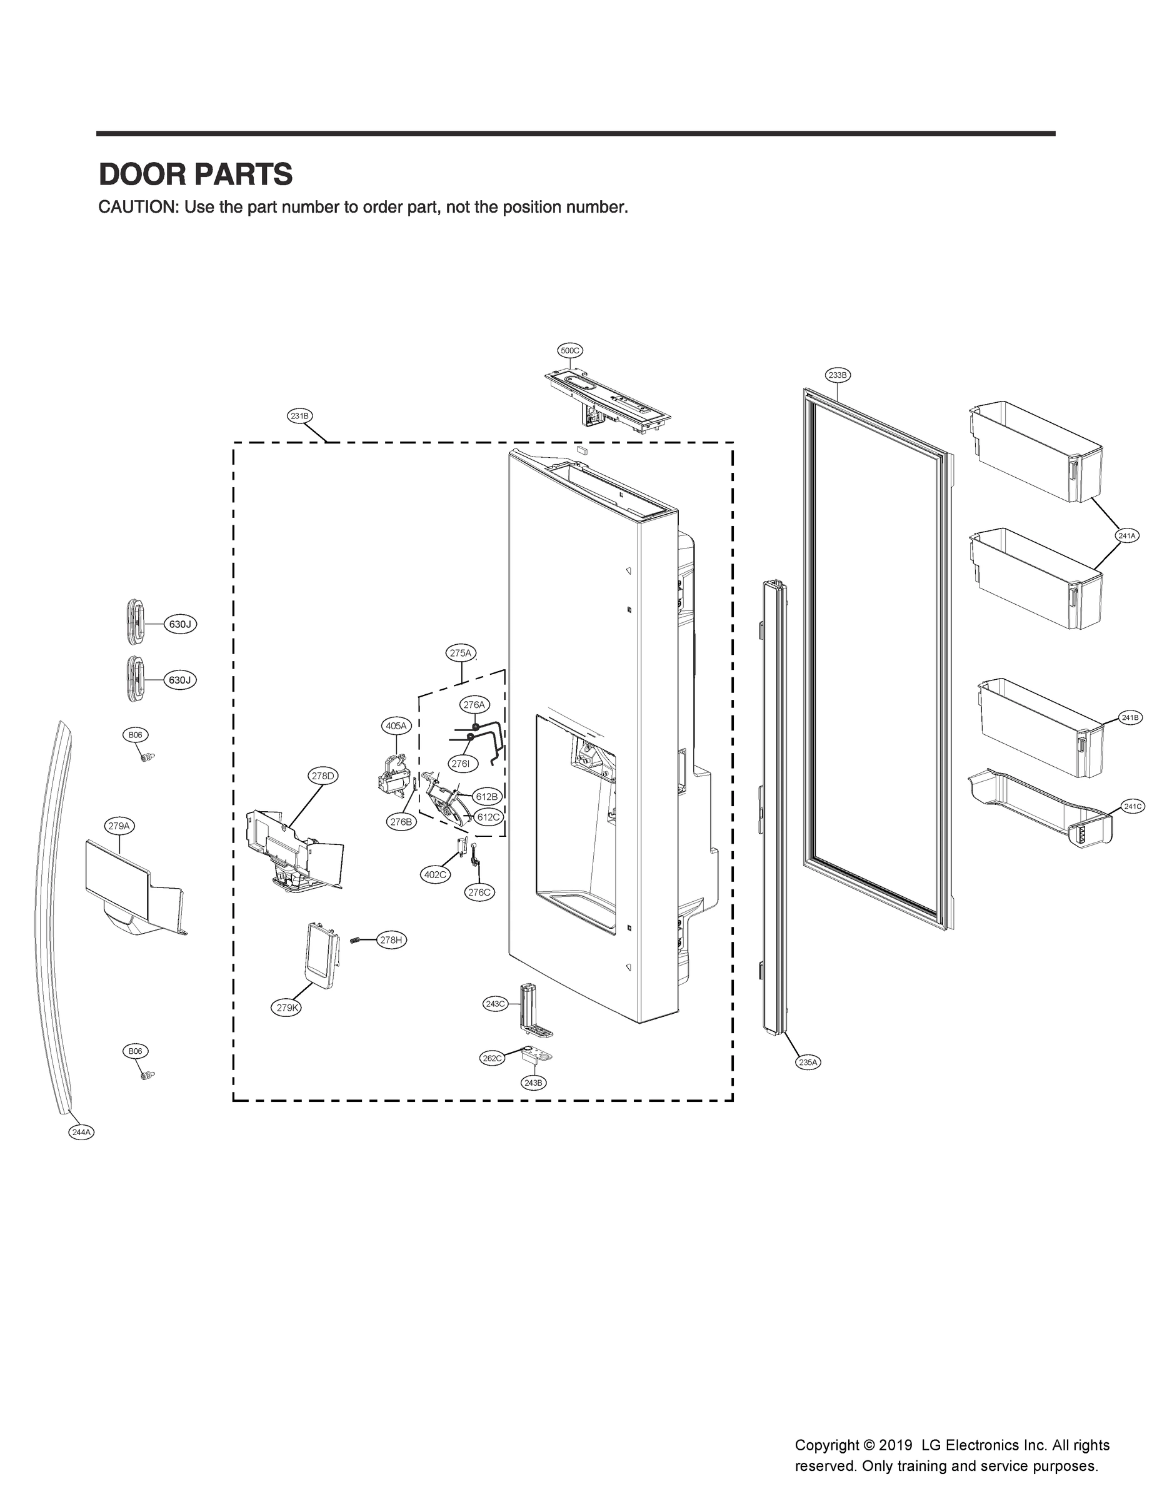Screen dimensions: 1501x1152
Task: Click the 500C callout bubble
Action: pos(571,351)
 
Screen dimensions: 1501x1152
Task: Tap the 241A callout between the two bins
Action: pos(1126,535)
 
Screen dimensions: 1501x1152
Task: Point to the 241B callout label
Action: pos(1129,717)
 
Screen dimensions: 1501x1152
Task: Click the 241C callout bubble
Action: pos(1133,806)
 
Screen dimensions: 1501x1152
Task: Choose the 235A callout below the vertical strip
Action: pos(808,1063)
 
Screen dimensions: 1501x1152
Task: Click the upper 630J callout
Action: pos(179,624)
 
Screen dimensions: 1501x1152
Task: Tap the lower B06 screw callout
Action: pos(136,1051)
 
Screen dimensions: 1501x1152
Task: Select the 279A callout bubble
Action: pos(119,826)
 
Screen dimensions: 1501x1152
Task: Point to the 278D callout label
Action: pos(323,776)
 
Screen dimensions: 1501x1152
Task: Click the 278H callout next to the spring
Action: pos(391,940)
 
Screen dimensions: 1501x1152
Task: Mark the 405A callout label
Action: pos(396,726)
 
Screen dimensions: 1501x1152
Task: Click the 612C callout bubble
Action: pos(488,817)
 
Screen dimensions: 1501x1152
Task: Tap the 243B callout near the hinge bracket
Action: pos(533,1083)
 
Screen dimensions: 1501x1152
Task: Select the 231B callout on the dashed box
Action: pos(299,416)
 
